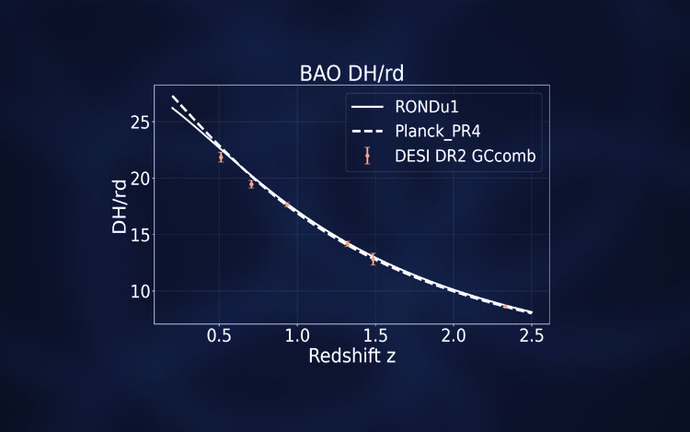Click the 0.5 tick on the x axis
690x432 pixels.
[219, 335]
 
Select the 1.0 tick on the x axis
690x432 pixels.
[296, 335]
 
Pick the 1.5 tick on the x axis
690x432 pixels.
[374, 335]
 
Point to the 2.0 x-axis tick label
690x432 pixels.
[451, 335]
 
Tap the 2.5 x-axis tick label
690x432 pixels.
[528, 335]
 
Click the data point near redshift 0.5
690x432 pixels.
[221, 157]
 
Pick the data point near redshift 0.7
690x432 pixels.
[251, 183]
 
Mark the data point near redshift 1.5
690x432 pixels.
[373, 259]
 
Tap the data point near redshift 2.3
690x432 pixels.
[504, 307]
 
